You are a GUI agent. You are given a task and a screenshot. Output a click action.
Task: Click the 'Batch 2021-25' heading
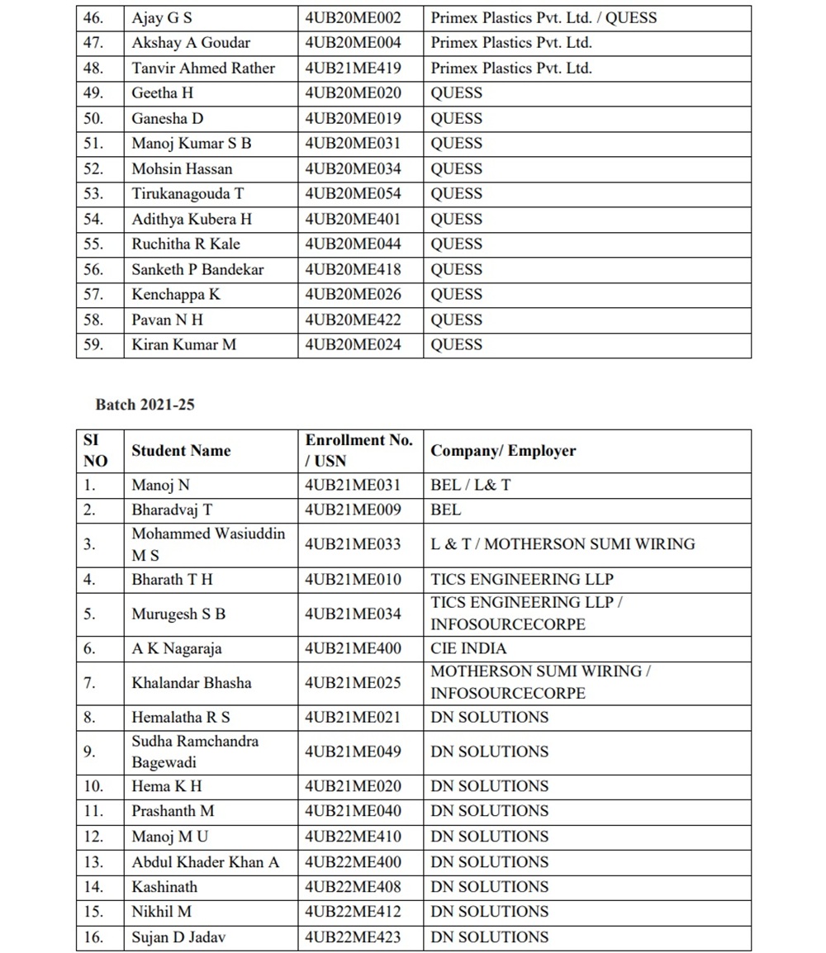(145, 405)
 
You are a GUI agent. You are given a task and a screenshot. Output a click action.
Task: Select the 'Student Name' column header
(181, 451)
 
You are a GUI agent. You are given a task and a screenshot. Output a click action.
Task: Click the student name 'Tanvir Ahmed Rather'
(203, 68)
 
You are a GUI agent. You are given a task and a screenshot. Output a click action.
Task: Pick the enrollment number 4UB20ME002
(353, 17)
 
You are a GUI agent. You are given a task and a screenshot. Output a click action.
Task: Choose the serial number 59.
(93, 344)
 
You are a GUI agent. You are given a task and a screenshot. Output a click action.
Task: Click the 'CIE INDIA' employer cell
(468, 648)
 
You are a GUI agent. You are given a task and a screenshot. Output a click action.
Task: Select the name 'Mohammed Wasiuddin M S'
(208, 544)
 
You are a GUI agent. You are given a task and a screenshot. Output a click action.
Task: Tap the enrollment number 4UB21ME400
(353, 648)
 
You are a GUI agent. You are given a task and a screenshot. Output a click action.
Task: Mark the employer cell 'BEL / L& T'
(470, 485)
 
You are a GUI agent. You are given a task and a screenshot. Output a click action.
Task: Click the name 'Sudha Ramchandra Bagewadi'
(195, 751)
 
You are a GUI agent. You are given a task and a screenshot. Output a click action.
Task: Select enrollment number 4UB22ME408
(353, 887)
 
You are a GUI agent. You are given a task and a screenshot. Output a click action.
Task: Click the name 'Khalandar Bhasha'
(192, 683)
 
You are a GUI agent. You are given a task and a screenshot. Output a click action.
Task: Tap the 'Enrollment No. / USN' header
(358, 451)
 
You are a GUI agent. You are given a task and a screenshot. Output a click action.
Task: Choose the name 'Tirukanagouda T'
(188, 193)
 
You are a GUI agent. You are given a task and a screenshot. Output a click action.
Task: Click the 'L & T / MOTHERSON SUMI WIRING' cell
(563, 544)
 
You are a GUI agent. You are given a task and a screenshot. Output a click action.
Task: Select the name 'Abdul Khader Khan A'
(206, 862)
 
